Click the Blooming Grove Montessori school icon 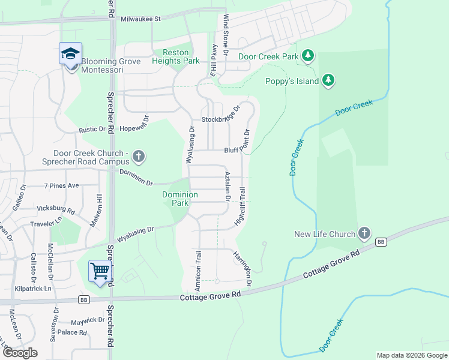pyautogui.click(x=70, y=54)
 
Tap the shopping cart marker pyautogui.click(x=100, y=270)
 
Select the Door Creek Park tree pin pyautogui.click(x=308, y=56)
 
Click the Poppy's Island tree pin pyautogui.click(x=328, y=80)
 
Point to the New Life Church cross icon pyautogui.click(x=364, y=233)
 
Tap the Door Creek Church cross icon pyautogui.click(x=138, y=157)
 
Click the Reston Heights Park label pyautogui.click(x=175, y=57)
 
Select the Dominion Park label pyautogui.click(x=180, y=199)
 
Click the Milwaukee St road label pyautogui.click(x=140, y=19)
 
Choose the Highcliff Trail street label pyautogui.click(x=242, y=206)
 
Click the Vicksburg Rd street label pyautogui.click(x=55, y=212)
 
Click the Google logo pyautogui.click(x=20, y=353)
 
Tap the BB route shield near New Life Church pyautogui.click(x=381, y=241)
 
